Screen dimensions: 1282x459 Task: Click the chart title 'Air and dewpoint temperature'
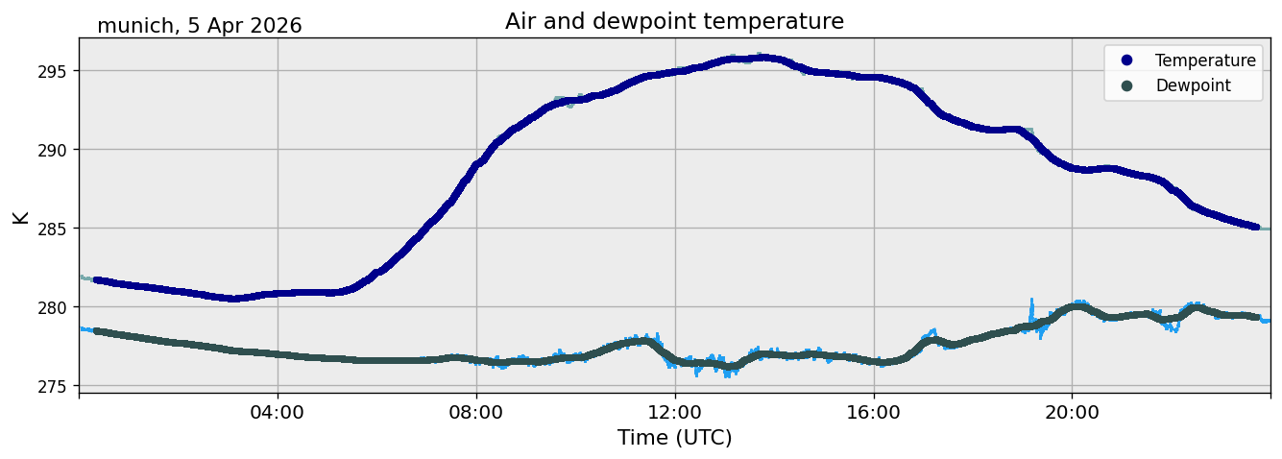point(674,22)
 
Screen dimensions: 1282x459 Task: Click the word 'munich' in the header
point(135,26)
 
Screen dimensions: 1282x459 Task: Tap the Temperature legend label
point(1205,60)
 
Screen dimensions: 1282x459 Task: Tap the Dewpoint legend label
point(1194,85)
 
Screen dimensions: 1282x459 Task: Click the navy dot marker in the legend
point(1126,60)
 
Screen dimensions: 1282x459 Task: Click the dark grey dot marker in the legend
point(1126,85)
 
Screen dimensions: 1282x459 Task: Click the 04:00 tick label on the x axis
point(278,412)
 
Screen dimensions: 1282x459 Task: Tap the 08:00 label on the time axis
point(476,412)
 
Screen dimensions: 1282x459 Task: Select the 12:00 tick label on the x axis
point(675,412)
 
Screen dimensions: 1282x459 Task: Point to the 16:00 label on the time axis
point(873,412)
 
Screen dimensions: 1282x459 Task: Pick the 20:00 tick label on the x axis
point(1072,412)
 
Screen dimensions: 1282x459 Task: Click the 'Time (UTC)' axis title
point(674,438)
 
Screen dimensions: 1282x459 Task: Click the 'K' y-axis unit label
point(20,217)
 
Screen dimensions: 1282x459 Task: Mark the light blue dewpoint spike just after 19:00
point(1032,312)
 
